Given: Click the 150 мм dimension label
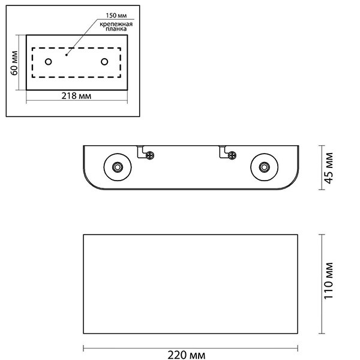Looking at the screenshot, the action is tap(116, 16).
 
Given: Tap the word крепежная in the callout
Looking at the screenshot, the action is tap(116, 24).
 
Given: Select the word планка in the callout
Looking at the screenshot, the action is tap(116, 29).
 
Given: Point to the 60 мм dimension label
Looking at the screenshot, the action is tap(14, 62).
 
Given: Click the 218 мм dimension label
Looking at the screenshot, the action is tap(76, 96).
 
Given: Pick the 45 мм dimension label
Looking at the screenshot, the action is tap(329, 168).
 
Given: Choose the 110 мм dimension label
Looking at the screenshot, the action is tap(329, 281).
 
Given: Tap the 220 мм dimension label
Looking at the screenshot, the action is tap(187, 355).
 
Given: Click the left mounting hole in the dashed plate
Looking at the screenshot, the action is tap(49, 62).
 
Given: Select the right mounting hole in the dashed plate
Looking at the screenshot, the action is tap(104, 62).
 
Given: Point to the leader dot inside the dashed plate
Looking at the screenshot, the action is tap(67, 55).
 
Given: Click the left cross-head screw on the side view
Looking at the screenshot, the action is tap(150, 155).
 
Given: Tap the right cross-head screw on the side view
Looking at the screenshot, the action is tap(232, 155).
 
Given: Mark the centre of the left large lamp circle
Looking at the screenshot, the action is tap(118, 167).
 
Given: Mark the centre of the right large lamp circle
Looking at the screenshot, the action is tap(264, 167).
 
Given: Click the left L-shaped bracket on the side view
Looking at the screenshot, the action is tap(142, 152).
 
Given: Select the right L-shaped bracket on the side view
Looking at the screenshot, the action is tap(224, 152).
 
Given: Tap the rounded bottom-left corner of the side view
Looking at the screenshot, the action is tap(89, 184).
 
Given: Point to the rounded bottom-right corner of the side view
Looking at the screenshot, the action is tap(293, 184).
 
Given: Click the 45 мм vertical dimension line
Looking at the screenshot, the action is tap(322, 167).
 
